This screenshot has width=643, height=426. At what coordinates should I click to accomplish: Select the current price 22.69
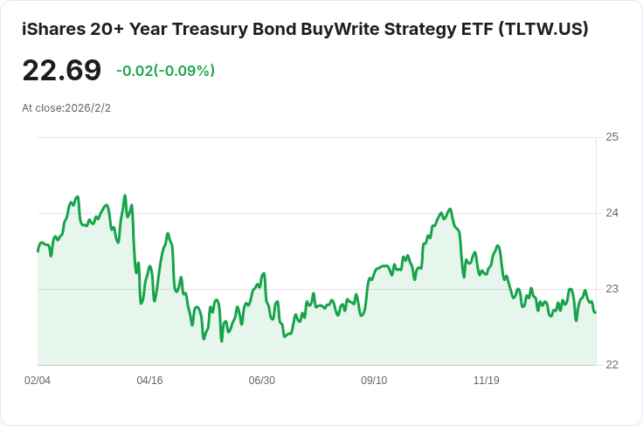[61, 71]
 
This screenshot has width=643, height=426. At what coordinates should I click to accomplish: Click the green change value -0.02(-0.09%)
[165, 71]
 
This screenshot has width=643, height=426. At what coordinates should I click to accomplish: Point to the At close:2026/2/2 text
[66, 108]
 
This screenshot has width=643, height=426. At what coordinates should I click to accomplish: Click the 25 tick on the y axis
[612, 137]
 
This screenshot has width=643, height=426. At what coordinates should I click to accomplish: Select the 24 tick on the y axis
[612, 213]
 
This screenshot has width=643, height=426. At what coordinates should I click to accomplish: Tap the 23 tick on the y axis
[612, 289]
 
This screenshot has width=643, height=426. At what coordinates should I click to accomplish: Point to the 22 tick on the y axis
[612, 365]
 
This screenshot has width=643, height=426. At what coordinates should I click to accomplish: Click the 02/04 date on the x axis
[38, 381]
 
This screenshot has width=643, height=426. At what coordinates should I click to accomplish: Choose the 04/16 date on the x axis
[149, 381]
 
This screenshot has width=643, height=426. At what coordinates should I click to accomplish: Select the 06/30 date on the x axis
[261, 381]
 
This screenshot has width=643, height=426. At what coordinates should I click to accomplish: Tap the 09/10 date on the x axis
[374, 381]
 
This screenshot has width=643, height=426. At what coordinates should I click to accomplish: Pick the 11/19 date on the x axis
[486, 381]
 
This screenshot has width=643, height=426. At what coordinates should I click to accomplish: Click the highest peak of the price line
[125, 196]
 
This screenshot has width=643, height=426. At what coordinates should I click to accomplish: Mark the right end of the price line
[595, 313]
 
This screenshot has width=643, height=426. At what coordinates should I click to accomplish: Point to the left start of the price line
[38, 251]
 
